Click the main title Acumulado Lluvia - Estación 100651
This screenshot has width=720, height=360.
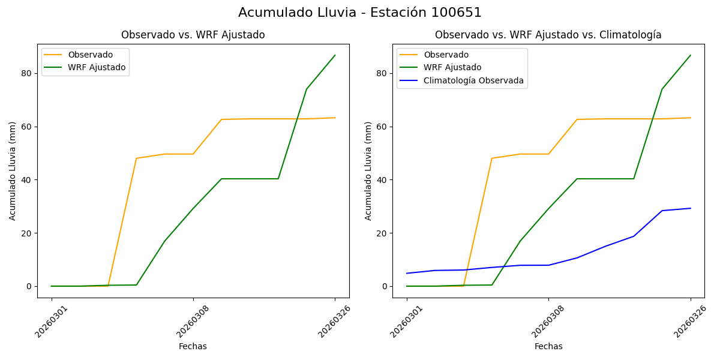click(360, 13)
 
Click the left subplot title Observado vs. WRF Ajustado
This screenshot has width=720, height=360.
click(193, 35)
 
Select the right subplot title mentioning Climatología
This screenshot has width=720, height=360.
click(548, 35)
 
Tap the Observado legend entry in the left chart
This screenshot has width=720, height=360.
click(90, 55)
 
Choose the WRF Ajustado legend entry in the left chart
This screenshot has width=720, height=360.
click(97, 67)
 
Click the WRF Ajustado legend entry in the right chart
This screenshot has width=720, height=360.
click(452, 67)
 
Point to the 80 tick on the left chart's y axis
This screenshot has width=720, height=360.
click(26, 73)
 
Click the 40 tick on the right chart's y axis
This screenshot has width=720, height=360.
click(382, 179)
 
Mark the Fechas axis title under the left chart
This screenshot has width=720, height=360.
click(193, 346)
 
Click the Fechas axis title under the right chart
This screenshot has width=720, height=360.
click(548, 346)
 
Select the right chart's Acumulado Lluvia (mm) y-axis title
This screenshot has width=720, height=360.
click(368, 170)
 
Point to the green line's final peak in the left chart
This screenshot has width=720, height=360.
click(335, 55)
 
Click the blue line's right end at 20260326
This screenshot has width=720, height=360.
click(690, 208)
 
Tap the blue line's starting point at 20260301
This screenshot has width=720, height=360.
click(407, 273)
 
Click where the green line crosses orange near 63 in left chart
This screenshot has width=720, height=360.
click(298, 119)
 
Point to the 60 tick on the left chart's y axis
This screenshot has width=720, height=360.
click(26, 127)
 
